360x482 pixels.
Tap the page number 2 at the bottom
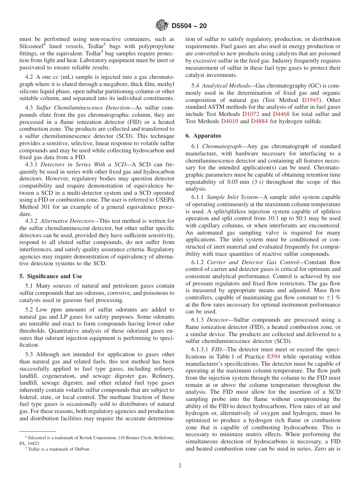180,465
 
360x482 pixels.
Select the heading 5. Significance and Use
51,276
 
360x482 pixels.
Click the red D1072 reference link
250,114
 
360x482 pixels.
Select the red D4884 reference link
259,121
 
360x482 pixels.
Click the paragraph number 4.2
30,77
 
